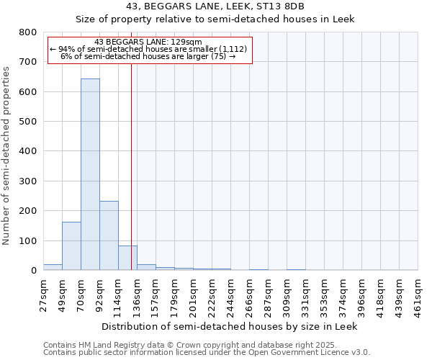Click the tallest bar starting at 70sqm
[x=90, y=174]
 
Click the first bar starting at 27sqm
[x=53, y=267]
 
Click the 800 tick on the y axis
[x=27, y=32]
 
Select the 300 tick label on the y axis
[x=27, y=181]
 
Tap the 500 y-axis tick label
[x=27, y=122]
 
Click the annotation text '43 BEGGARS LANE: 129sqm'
[x=148, y=42]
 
